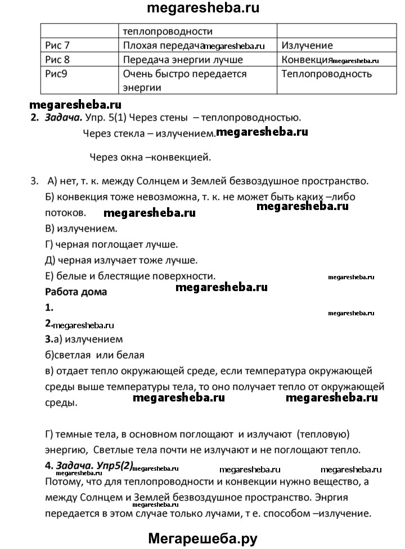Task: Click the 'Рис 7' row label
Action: point(56,45)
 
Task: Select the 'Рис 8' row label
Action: point(56,59)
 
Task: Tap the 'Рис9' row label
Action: point(55,74)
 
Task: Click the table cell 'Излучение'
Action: point(307,45)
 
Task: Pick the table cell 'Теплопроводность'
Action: point(326,74)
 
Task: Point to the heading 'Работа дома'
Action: point(75,292)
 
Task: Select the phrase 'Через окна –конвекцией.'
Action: point(150,157)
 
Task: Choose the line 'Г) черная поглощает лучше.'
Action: point(111,244)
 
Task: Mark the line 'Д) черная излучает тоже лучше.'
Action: point(120,260)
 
